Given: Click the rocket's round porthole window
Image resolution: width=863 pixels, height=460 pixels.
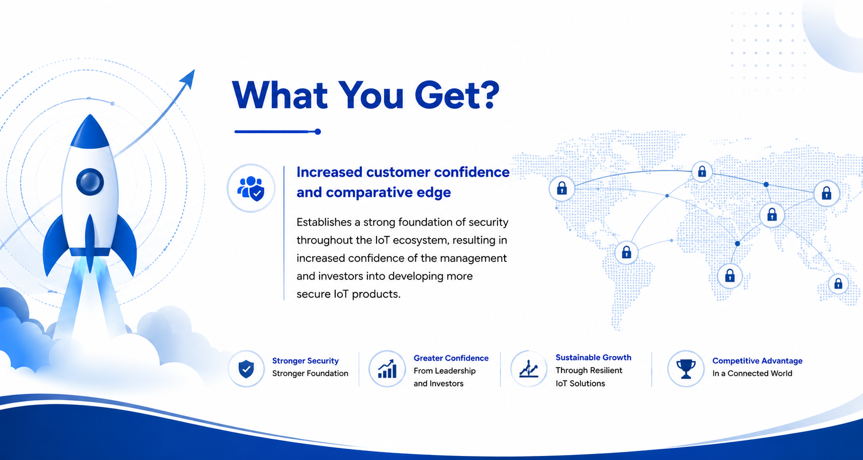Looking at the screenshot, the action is [x=90, y=181].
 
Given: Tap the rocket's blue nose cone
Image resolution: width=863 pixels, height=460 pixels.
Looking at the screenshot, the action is [x=90, y=132].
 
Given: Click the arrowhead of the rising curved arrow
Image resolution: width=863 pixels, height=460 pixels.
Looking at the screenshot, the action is [x=188, y=79].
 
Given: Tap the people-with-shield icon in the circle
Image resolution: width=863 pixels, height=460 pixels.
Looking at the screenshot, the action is [x=251, y=188].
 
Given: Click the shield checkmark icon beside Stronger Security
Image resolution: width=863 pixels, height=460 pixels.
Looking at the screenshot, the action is [x=246, y=369].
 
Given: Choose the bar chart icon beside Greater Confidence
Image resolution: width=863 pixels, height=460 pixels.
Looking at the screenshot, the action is [x=387, y=369].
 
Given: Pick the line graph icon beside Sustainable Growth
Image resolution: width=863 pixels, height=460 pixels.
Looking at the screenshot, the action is [x=529, y=369].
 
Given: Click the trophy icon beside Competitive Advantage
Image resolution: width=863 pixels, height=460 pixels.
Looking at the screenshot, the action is [x=686, y=369].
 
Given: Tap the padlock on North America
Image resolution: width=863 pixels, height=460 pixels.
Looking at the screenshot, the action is [x=562, y=188].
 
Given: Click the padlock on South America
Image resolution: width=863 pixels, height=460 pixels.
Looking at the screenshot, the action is [x=626, y=252].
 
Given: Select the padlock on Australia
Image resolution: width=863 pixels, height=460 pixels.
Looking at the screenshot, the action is [x=838, y=284].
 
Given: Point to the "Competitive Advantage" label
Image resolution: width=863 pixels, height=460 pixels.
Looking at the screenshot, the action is [x=757, y=361].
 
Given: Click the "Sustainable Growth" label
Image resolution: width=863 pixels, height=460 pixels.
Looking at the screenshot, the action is [x=593, y=358].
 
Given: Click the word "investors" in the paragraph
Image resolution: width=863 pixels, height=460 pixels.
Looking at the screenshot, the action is [x=340, y=276].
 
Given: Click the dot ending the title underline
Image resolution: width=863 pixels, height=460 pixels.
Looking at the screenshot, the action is [x=318, y=132].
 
